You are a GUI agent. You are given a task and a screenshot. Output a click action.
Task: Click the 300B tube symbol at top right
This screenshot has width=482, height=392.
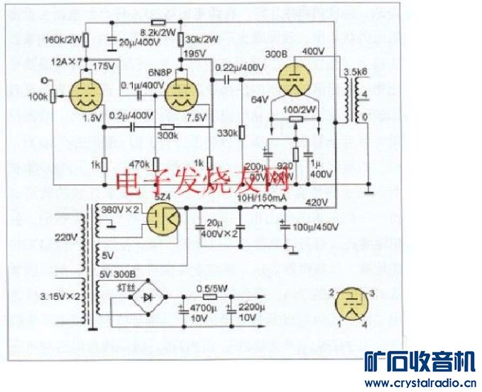[295, 77]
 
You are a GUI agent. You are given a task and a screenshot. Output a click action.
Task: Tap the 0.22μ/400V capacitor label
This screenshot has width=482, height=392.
[238, 67]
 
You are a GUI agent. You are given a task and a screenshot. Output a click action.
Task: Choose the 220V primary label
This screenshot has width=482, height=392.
[67, 240]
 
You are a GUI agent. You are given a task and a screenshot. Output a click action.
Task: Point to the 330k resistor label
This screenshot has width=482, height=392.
[227, 133]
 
